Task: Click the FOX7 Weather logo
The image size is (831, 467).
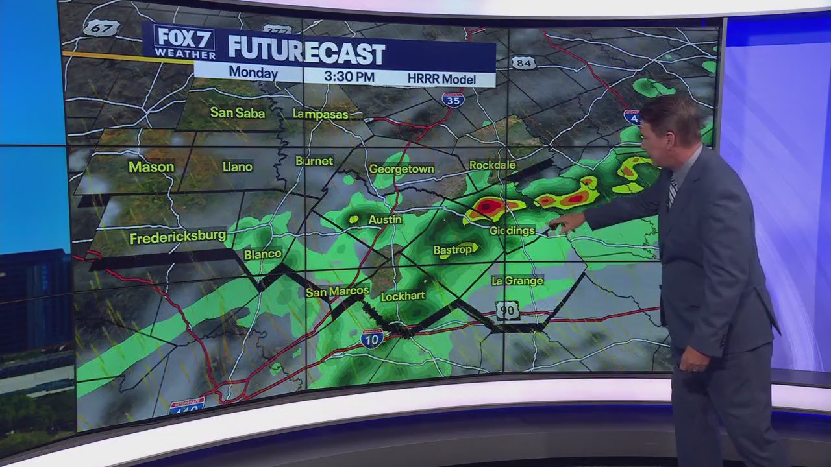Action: click(184, 42)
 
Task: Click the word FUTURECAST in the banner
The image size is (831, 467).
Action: click(306, 51)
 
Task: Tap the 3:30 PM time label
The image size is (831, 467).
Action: click(349, 77)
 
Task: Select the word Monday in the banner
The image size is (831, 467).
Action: click(253, 73)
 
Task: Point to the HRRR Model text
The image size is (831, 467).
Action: click(441, 79)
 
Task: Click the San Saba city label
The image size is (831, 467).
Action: click(238, 113)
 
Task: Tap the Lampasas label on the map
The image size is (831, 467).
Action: click(320, 114)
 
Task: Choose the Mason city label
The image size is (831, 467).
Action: click(151, 167)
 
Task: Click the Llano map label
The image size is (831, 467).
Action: click(237, 167)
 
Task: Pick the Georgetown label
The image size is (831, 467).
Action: click(401, 169)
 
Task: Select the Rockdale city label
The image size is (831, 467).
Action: click(492, 165)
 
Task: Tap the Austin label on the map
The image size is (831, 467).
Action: click(385, 220)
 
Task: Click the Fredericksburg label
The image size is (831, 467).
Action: click(178, 237)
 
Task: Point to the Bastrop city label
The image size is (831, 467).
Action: click(453, 250)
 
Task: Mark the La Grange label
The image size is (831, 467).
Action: click(517, 281)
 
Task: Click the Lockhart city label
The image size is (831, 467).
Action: click(403, 296)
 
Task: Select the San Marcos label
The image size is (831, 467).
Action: click(338, 291)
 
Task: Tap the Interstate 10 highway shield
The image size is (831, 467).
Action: click(372, 339)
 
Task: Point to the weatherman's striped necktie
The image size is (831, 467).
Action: click(672, 192)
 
